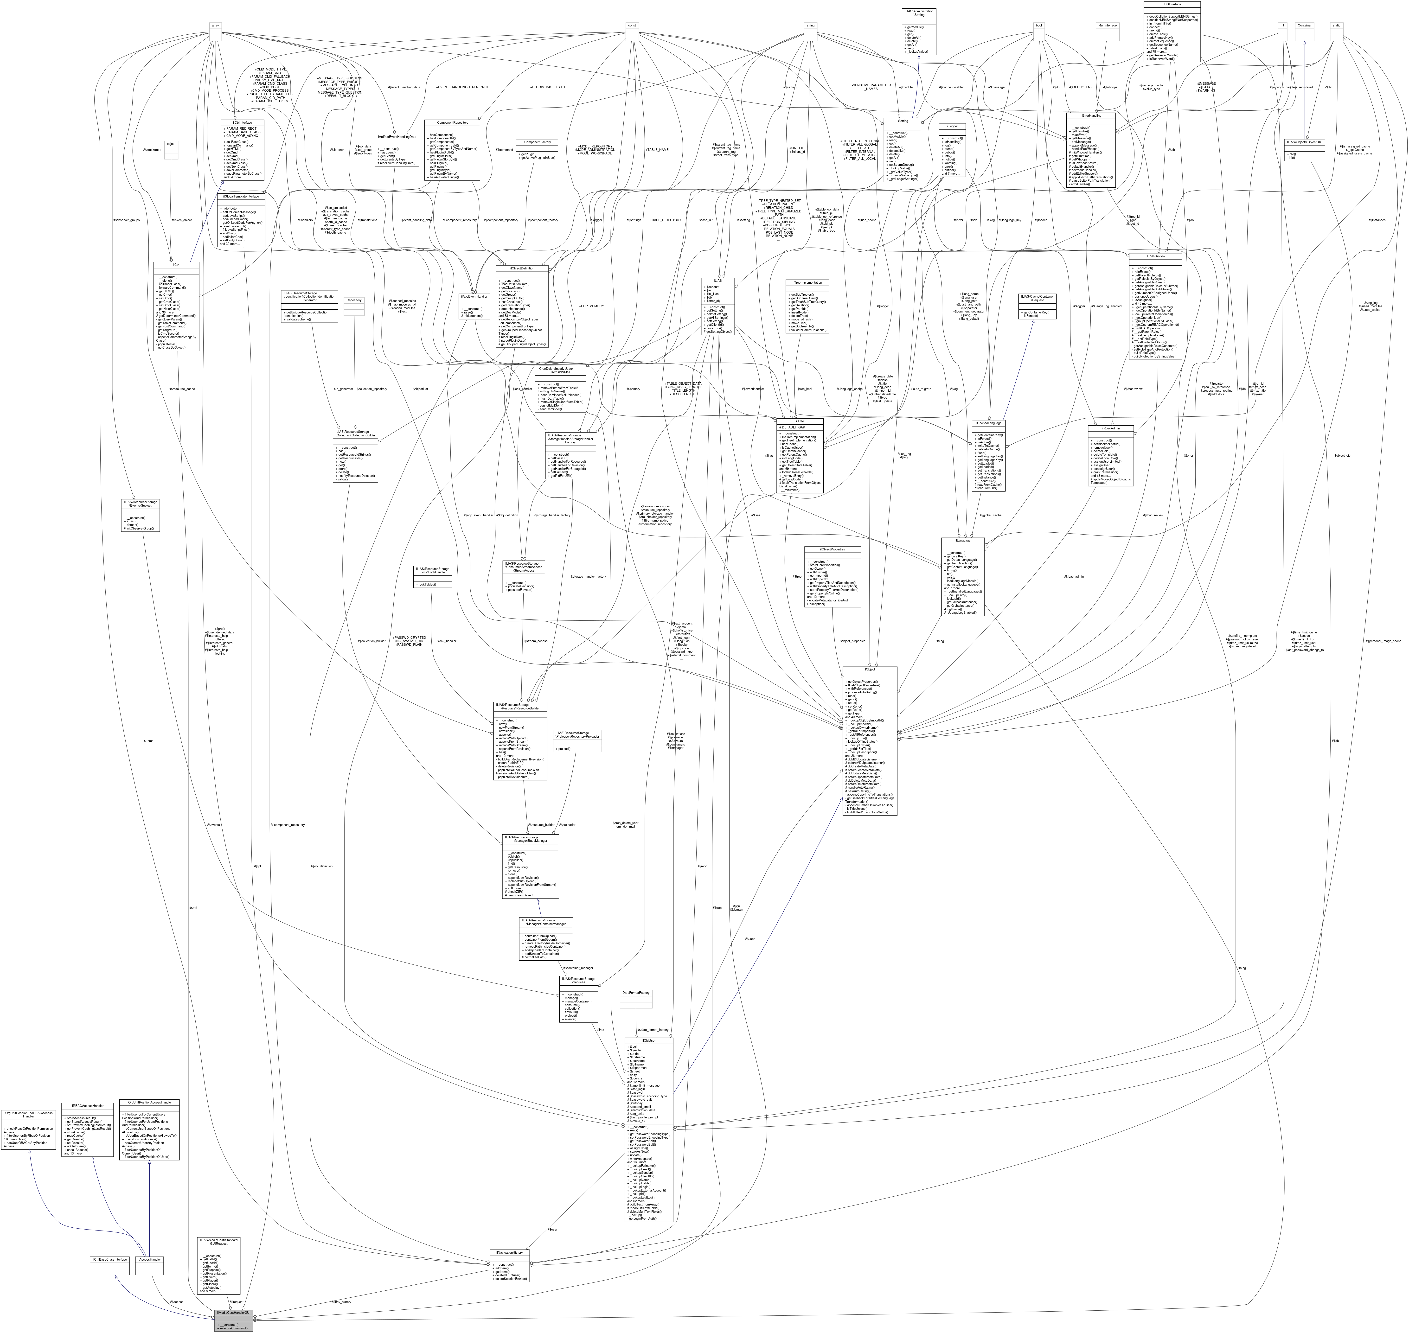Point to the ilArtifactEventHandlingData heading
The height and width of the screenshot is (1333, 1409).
(396, 136)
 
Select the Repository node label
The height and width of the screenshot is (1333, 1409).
(354, 300)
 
